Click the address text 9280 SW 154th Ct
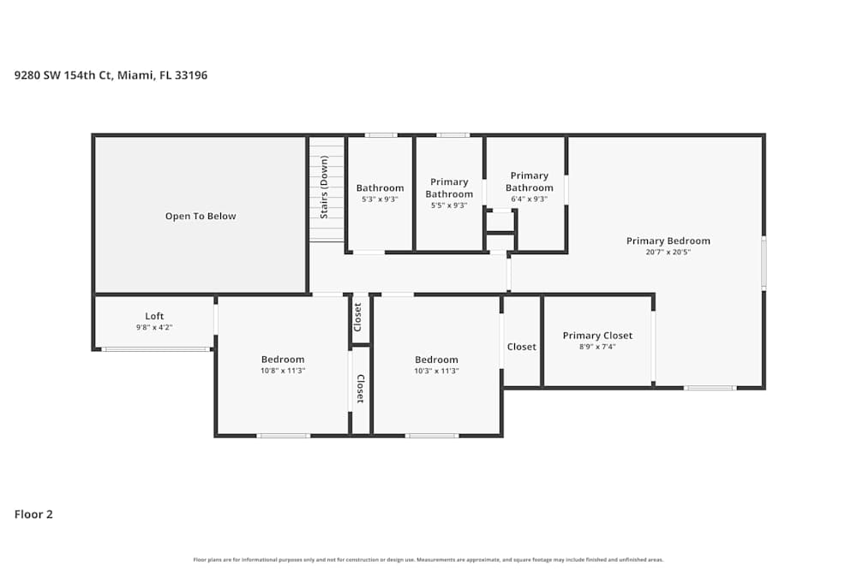111,75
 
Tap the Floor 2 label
33,514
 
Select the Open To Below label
201,217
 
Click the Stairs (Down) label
324,187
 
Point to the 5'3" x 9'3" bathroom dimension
380,199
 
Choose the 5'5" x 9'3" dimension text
449,205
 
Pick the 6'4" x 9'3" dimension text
529,199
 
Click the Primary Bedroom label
668,241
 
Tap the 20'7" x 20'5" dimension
668,252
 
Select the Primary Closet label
597,336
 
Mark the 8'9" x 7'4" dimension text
597,347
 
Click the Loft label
154,316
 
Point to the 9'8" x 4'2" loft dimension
154,327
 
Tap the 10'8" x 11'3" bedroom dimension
283,371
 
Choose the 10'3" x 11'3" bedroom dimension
436,371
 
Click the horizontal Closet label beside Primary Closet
521,347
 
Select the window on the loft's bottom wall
155,349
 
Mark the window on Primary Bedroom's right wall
764,264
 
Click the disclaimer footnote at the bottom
428,560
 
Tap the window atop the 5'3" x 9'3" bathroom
381,134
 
